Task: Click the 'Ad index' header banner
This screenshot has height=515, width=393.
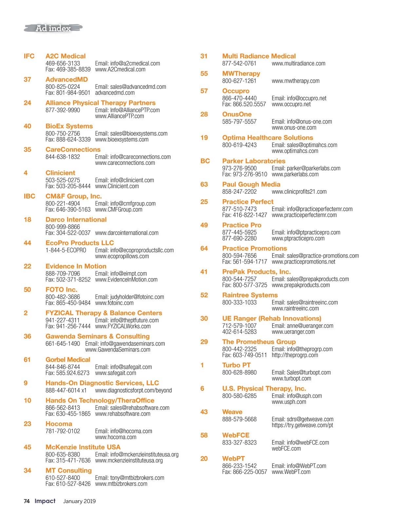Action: click(x=53, y=29)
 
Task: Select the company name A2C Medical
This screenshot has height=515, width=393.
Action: click(x=65, y=56)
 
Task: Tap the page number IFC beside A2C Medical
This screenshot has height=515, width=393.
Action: click(x=29, y=56)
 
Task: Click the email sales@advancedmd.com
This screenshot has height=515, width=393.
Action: click(x=130, y=87)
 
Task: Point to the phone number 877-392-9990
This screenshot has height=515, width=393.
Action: click(x=63, y=110)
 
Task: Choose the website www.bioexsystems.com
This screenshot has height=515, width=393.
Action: click(x=122, y=140)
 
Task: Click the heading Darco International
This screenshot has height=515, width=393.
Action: click(x=76, y=219)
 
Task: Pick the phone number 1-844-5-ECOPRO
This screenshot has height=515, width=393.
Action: click(x=66, y=250)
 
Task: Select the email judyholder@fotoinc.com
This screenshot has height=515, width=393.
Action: click(x=129, y=297)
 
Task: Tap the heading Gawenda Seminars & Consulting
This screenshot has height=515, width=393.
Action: click(x=97, y=336)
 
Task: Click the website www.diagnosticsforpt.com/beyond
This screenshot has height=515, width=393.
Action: click(x=133, y=391)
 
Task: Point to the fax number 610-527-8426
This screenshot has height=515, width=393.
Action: click(x=68, y=484)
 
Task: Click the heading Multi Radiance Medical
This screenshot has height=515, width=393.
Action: click(x=259, y=56)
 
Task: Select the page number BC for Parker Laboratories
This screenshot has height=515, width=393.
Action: click(x=205, y=161)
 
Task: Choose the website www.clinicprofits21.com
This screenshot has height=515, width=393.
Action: click(x=299, y=192)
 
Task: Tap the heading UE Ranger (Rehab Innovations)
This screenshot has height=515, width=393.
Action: click(x=271, y=318)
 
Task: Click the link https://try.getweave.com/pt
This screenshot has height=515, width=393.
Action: click(x=302, y=425)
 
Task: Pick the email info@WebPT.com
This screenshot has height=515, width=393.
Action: click(x=299, y=466)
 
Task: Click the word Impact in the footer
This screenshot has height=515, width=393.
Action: click(x=45, y=501)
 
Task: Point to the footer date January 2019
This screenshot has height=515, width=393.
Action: click(x=79, y=501)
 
